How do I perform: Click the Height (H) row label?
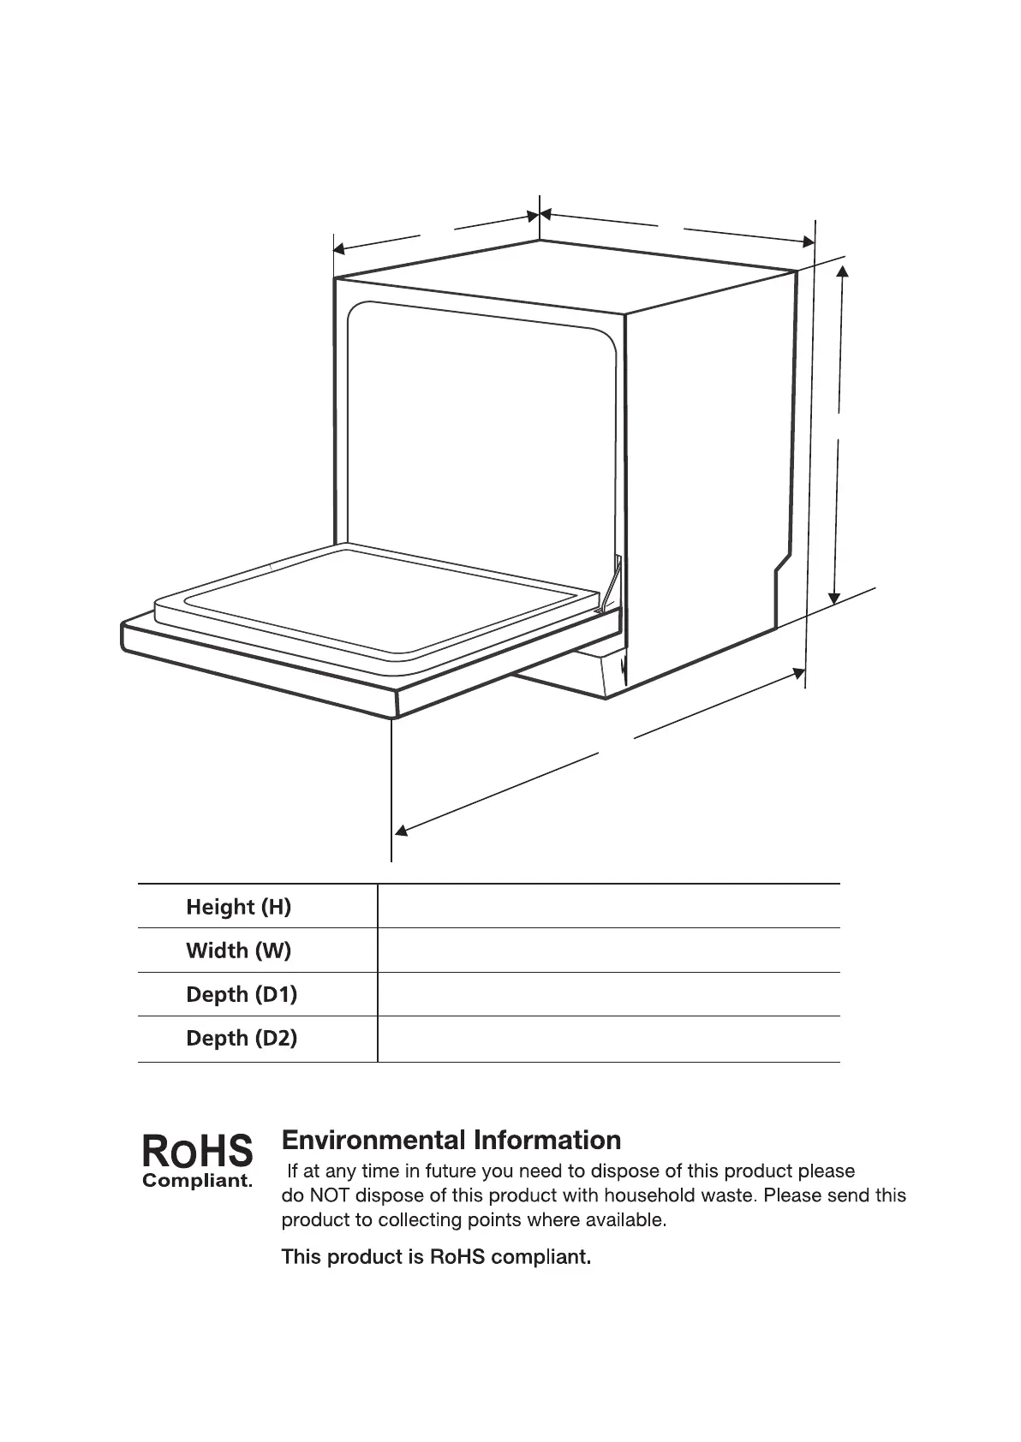pyautogui.click(x=238, y=907)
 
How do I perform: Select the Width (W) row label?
pyautogui.click(x=238, y=950)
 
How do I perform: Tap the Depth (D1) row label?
pyautogui.click(x=242, y=994)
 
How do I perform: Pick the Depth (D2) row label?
pyautogui.click(x=242, y=1038)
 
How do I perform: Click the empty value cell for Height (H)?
pyautogui.click(x=608, y=906)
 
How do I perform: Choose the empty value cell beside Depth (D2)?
pyautogui.click(x=608, y=1039)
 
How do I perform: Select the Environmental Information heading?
pyautogui.click(x=451, y=1140)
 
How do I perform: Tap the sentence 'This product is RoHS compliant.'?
pyautogui.click(x=436, y=1257)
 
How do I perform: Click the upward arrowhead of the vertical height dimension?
pyautogui.click(x=843, y=271)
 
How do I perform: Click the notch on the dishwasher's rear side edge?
pyautogui.click(x=781, y=566)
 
